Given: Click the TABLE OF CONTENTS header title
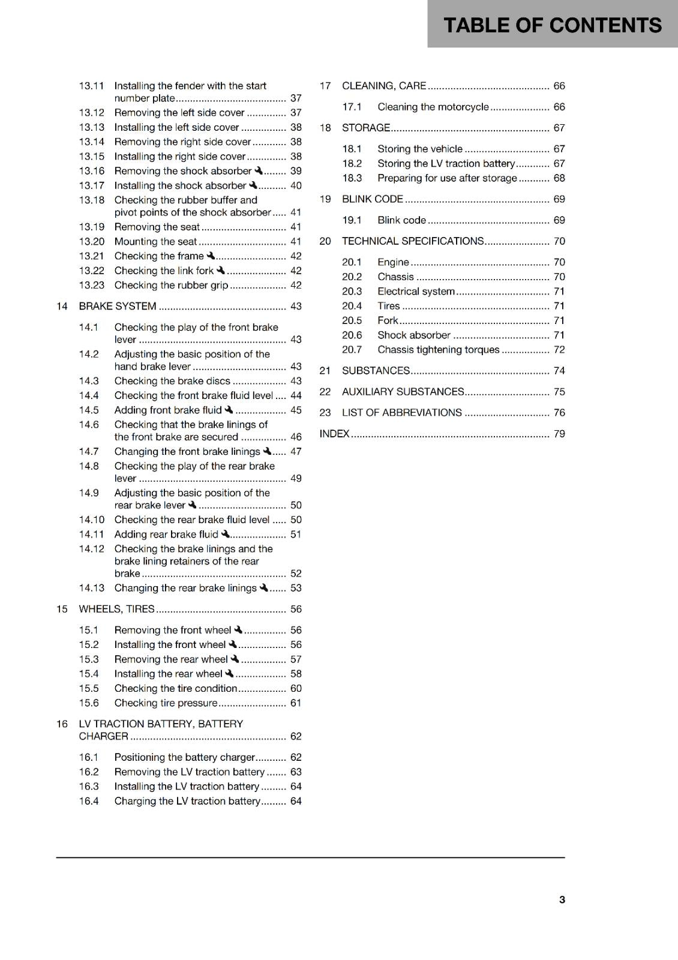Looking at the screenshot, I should pyautogui.click(x=552, y=25).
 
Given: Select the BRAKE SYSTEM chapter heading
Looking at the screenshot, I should pyautogui.click(x=118, y=306).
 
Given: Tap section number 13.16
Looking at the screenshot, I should pyautogui.click(x=91, y=171).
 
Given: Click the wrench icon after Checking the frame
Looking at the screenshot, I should pyautogui.click(x=211, y=256).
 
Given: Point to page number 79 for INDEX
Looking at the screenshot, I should pyautogui.click(x=559, y=434).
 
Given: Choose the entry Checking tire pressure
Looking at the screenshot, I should pyautogui.click(x=166, y=703).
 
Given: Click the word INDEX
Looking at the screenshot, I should pyautogui.click(x=334, y=434).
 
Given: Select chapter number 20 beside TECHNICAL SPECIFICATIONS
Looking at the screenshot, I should pyautogui.click(x=325, y=241).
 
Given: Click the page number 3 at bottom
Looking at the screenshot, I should pyautogui.click(x=562, y=899).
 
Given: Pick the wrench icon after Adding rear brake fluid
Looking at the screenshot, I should pyautogui.click(x=225, y=534).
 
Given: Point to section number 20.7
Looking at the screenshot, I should pyautogui.click(x=352, y=350).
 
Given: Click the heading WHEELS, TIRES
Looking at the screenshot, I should pyautogui.click(x=116, y=609).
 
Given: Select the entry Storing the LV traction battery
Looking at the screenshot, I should pyautogui.click(x=446, y=164).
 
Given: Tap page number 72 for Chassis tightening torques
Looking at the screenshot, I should pyautogui.click(x=559, y=350).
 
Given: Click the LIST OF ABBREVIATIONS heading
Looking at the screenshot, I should pyautogui.click(x=401, y=413).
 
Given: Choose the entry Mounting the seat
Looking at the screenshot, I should pyautogui.click(x=155, y=242).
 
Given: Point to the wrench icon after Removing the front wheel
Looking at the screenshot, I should pyautogui.click(x=238, y=630).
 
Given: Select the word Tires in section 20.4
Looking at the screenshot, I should pyautogui.click(x=388, y=306).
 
